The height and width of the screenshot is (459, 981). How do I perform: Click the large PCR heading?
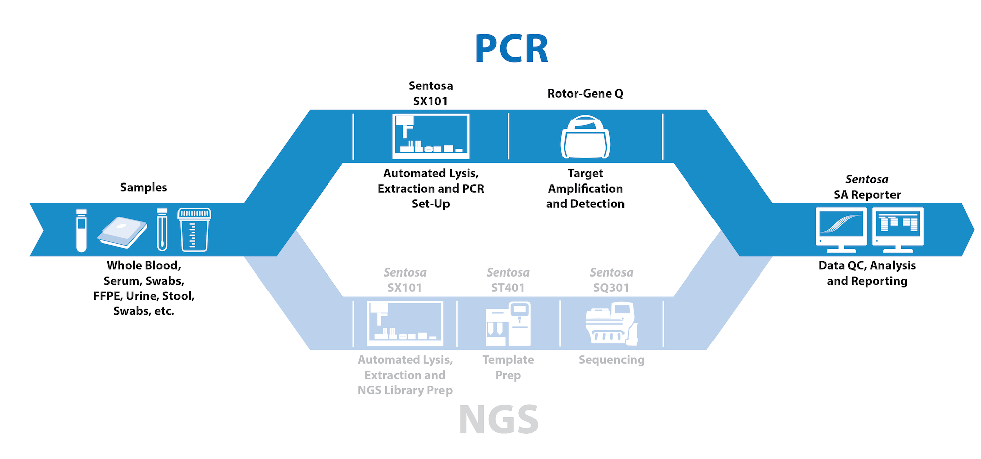tap(511, 49)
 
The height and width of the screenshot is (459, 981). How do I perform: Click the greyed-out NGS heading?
tap(498, 420)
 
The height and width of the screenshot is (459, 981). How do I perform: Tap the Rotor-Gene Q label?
tap(585, 94)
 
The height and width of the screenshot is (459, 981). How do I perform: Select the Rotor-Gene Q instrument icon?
tap(585, 137)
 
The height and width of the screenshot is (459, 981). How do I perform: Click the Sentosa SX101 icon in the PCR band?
tap(430, 136)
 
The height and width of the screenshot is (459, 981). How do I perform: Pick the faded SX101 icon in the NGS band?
tap(405, 323)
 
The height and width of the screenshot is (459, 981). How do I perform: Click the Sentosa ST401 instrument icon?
tap(508, 323)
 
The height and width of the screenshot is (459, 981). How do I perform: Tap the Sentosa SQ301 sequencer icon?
tap(611, 323)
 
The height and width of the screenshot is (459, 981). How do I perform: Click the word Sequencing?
tap(611, 360)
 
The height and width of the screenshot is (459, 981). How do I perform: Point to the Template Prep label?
tap(508, 368)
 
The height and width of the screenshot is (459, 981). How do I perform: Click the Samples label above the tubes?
tap(143, 188)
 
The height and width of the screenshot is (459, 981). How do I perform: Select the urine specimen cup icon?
tap(194, 230)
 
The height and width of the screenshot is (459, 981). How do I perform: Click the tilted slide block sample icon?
tap(122, 232)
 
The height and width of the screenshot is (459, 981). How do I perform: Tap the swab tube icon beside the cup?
tap(162, 230)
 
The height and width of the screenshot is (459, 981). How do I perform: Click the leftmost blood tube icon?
tap(81, 230)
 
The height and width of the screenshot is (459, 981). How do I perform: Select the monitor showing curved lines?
tap(841, 229)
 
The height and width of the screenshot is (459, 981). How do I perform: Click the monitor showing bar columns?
tap(898, 229)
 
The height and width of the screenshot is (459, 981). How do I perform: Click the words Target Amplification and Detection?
tap(585, 189)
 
